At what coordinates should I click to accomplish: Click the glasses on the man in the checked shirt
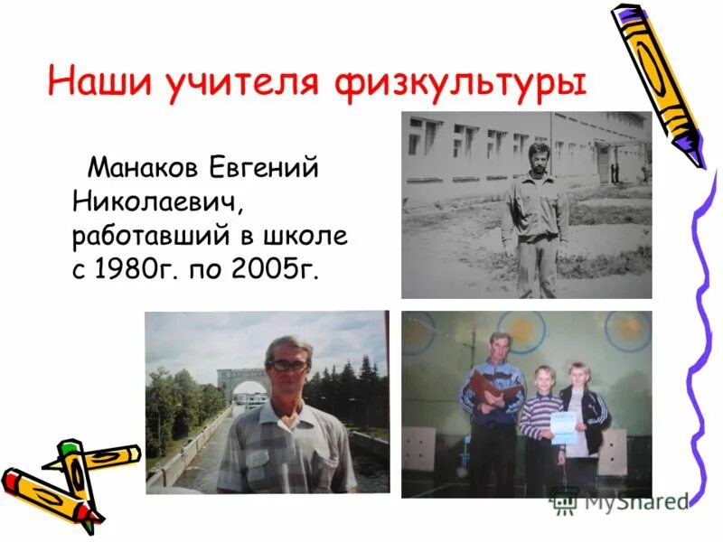tap(289, 365)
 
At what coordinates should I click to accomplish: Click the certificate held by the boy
tap(563, 426)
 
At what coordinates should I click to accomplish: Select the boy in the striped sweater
tap(540, 425)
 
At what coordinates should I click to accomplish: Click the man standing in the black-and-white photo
tap(535, 221)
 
